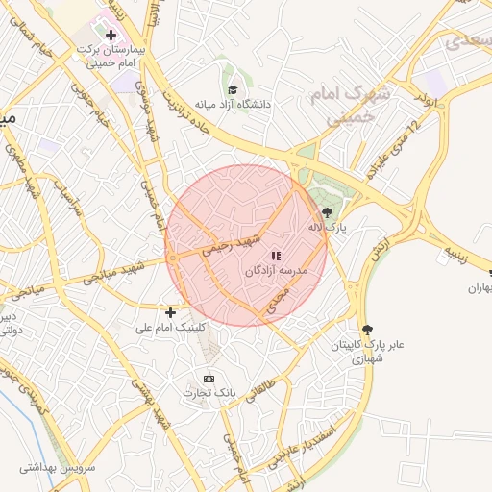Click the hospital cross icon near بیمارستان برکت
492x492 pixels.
pyautogui.click(x=111, y=35)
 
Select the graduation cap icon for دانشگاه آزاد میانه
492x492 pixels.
pyautogui.click(x=233, y=88)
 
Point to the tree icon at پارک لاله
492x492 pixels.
pyautogui.click(x=328, y=212)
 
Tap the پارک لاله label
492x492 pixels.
pyautogui.click(x=327, y=228)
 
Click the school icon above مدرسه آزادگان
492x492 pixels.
pyautogui.click(x=276, y=257)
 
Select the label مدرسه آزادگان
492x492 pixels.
pyautogui.click(x=276, y=272)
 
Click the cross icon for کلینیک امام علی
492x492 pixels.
pyautogui.click(x=171, y=312)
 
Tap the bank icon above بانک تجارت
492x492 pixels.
pyautogui.click(x=209, y=379)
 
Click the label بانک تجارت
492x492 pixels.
pyautogui.click(x=209, y=394)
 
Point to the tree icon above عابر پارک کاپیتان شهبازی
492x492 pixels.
pyautogui.click(x=365, y=330)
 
